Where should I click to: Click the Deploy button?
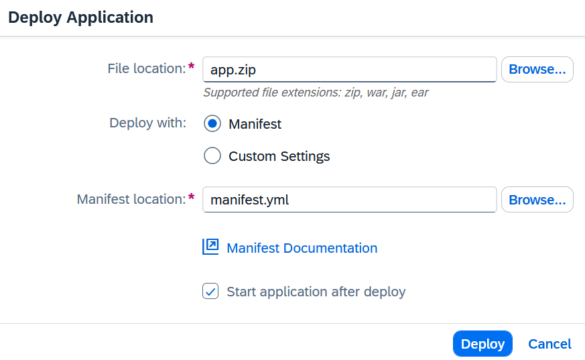click(482, 344)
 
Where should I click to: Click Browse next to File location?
click(537, 70)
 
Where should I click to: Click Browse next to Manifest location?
click(537, 200)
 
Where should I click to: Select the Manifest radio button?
click(212, 124)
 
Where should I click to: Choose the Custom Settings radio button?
click(212, 156)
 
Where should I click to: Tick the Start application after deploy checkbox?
click(210, 292)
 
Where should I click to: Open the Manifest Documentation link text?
click(302, 248)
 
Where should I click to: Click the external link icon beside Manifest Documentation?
click(210, 247)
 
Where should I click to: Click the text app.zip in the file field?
click(233, 70)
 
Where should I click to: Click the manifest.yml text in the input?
click(249, 200)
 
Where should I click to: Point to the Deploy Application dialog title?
click(80, 17)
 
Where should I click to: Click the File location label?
click(147, 68)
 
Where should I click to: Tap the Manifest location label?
click(131, 199)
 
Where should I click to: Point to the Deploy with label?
click(147, 123)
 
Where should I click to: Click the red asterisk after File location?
click(192, 66)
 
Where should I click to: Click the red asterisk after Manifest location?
click(192, 197)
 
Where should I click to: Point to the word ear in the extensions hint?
click(419, 93)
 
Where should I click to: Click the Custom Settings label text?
click(279, 156)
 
